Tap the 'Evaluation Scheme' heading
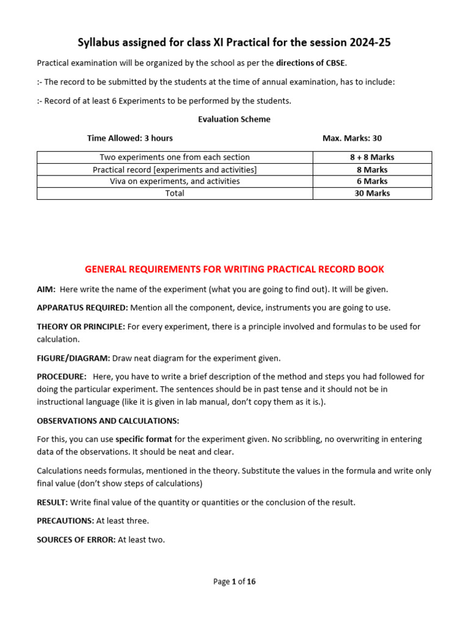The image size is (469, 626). (234, 119)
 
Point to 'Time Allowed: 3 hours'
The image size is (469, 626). (130, 138)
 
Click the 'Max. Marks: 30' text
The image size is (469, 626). (352, 138)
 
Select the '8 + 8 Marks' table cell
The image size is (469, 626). (372, 157)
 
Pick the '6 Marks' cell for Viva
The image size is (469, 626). (372, 181)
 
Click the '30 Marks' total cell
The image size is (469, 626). (372, 193)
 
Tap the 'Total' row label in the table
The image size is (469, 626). (175, 193)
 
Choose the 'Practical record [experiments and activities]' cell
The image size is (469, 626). (175, 169)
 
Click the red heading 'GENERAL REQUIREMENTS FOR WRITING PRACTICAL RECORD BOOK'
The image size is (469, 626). (234, 270)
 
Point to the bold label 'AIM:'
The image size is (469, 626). (46, 289)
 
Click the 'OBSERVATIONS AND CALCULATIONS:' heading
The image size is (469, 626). (108, 421)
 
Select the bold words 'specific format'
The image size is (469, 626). (144, 439)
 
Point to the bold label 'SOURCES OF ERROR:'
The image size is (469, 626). (76, 540)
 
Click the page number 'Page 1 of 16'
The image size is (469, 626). (234, 581)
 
